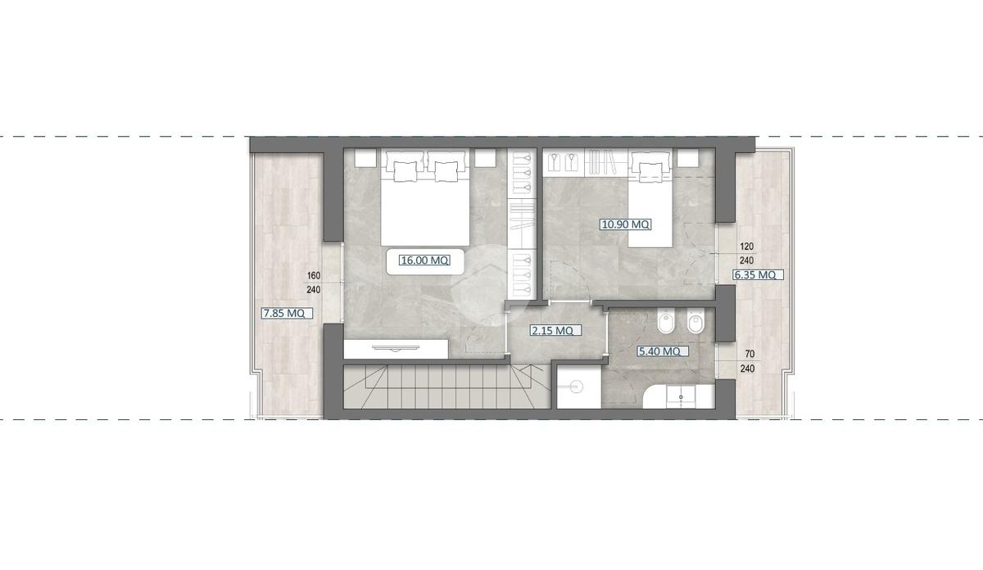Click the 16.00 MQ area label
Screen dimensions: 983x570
click(424, 260)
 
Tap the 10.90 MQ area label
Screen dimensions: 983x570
click(625, 224)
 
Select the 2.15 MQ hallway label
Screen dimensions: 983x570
click(552, 330)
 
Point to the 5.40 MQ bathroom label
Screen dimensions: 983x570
click(659, 351)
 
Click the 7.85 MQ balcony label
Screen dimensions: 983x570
click(283, 314)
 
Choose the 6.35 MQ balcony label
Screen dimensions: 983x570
click(755, 275)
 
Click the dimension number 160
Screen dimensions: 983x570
click(314, 275)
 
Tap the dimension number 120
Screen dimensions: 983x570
click(746, 247)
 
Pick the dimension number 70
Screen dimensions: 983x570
click(750, 354)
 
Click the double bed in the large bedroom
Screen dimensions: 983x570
click(425, 198)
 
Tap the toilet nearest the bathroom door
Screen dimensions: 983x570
click(666, 323)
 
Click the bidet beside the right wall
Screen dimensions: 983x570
click(695, 323)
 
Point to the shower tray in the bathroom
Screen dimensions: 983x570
click(579, 387)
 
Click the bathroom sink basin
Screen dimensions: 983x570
click(681, 396)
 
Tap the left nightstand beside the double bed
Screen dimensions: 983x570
click(365, 157)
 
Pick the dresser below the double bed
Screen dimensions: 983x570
click(396, 349)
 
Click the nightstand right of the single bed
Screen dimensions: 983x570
click(687, 157)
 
